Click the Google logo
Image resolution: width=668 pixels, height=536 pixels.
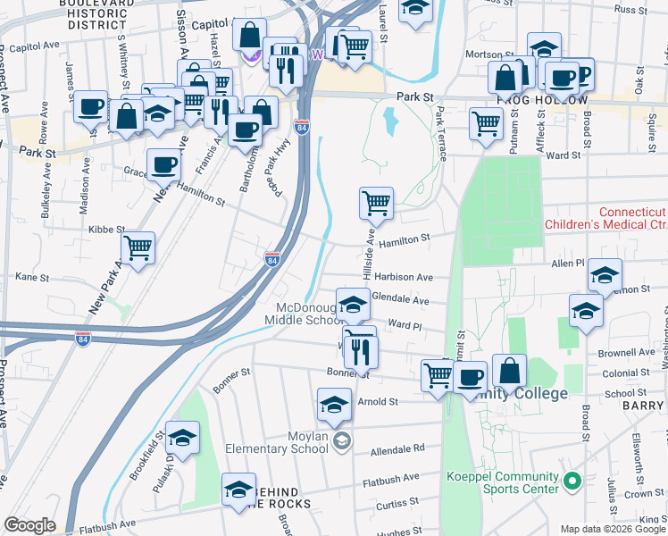pos(29,525)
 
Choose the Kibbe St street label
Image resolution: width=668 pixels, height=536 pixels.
pos(106,230)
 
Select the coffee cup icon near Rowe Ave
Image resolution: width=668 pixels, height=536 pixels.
pos(90,107)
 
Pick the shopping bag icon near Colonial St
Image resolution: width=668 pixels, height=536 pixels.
pos(509,370)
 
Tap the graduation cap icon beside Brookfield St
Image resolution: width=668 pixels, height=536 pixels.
pos(183,438)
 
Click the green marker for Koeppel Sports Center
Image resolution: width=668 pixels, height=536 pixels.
pos(575,482)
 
